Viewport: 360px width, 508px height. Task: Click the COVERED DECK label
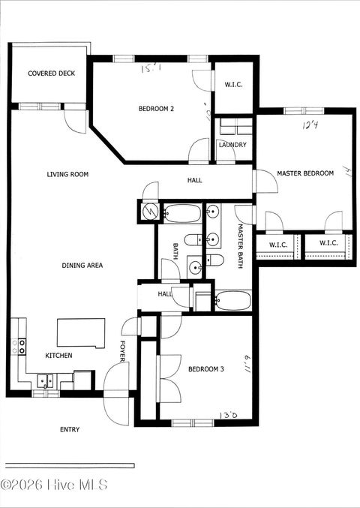[x=49, y=74]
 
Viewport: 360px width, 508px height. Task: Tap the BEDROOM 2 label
[x=156, y=109]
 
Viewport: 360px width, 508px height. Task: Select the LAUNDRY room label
[x=232, y=145]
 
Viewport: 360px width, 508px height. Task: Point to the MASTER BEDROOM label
[x=305, y=173]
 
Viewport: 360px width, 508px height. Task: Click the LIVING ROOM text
[x=67, y=174]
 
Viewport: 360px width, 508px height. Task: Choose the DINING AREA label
[x=82, y=265]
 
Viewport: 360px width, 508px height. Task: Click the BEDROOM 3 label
[x=205, y=368]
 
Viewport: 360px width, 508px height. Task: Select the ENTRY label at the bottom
[x=70, y=429]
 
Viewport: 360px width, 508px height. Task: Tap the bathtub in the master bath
[x=232, y=300]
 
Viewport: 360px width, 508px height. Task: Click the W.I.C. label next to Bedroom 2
[x=233, y=85]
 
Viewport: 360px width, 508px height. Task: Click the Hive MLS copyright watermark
[x=54, y=485]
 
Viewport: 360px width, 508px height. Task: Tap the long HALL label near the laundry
[x=194, y=180]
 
